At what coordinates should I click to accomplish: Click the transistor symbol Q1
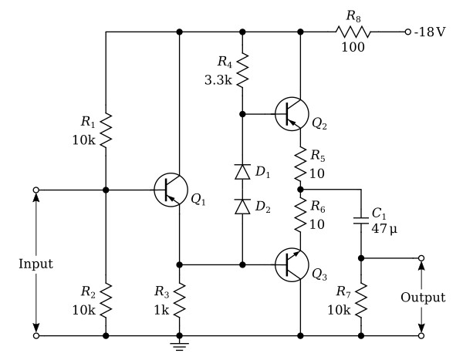coord(171,190)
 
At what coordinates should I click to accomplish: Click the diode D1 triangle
coord(243,172)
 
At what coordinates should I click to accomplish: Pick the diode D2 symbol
coord(243,207)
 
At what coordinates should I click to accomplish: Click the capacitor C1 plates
coord(361,220)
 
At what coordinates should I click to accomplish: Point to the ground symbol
coord(179,346)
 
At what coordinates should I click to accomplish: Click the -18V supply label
coord(430,32)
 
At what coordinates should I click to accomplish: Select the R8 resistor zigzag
coord(353,32)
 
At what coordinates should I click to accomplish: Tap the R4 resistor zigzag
coord(243,70)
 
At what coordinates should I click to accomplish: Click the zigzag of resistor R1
coord(106,130)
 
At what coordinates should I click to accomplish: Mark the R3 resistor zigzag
coord(179,301)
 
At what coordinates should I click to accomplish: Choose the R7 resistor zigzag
coord(361,301)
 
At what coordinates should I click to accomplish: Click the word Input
coord(35,264)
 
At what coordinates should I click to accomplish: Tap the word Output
coord(423,298)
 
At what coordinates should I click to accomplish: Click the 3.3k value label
coord(218,80)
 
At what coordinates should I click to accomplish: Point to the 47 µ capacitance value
coord(384,229)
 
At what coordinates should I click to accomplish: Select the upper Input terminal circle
coord(35,190)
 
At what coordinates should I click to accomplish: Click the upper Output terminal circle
coord(421,258)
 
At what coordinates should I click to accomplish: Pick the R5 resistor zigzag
coord(300,164)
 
